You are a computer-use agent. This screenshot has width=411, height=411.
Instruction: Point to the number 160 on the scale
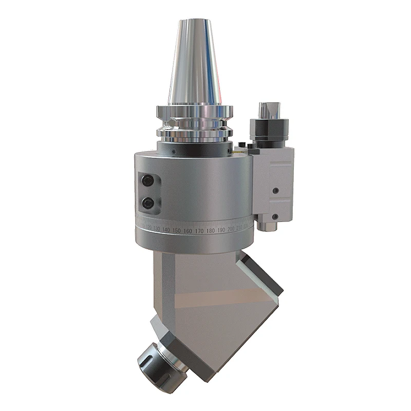pyautogui.click(x=188, y=231)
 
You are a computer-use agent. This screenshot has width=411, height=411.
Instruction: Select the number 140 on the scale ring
pyautogui.click(x=165, y=230)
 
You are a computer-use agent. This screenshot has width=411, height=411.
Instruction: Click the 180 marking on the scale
pyautogui.click(x=211, y=230)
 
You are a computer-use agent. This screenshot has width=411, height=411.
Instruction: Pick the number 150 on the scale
pyautogui.click(x=176, y=230)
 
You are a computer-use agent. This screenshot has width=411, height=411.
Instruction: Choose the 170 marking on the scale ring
pyautogui.click(x=199, y=231)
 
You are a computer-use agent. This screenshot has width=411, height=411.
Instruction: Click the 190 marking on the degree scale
pyautogui.click(x=221, y=229)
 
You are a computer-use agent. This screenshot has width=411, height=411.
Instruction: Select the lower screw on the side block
pyautogui.click(x=275, y=216)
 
